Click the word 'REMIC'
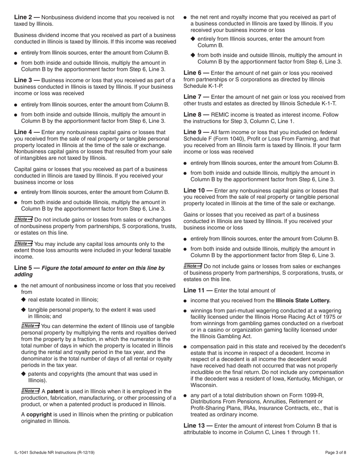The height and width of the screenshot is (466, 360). pyautogui.click(x=221, y=115)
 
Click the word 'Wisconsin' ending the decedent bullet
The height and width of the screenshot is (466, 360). pyautogui.click(x=205, y=385)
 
